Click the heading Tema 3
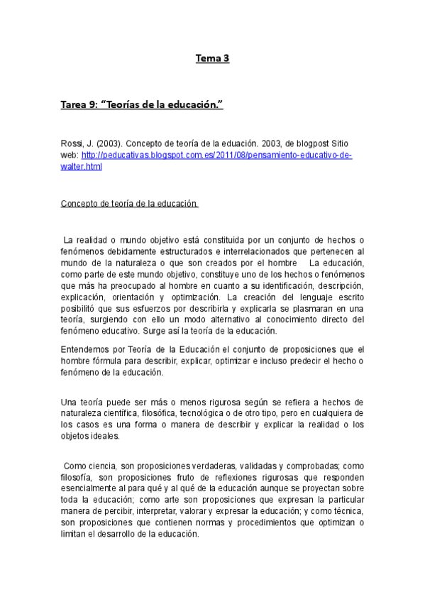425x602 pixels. [213, 59]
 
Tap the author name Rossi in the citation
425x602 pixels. [72, 144]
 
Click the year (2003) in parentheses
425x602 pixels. [103, 144]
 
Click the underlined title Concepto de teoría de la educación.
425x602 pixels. [130, 204]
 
